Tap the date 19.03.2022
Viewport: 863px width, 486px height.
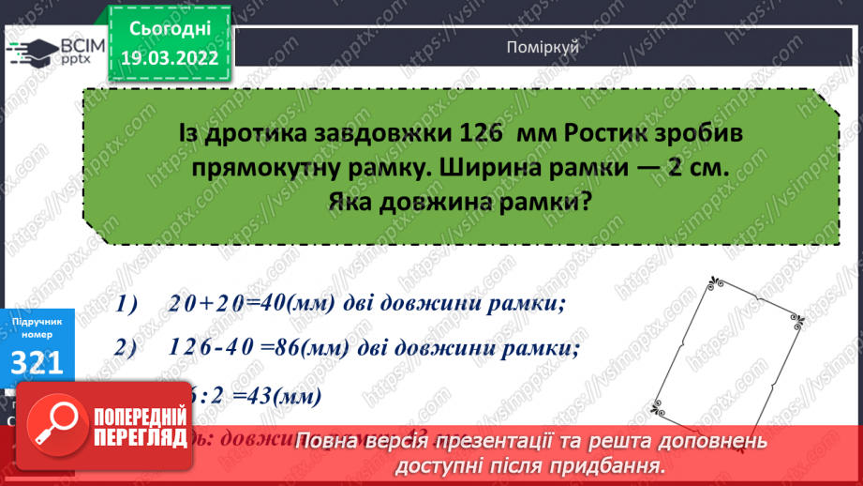tap(170, 58)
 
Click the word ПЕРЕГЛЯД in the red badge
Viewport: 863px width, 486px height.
tap(138, 436)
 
